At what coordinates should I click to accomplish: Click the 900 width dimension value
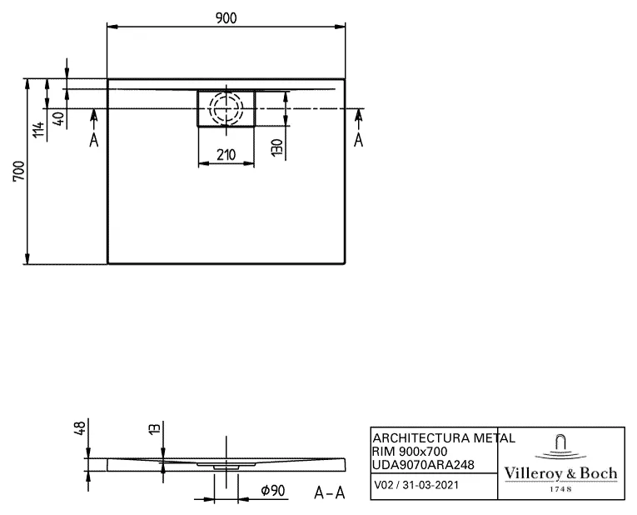(x=226, y=18)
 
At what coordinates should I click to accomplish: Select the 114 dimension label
(x=37, y=130)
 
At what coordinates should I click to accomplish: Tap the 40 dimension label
(x=57, y=117)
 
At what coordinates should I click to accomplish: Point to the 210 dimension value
(x=226, y=154)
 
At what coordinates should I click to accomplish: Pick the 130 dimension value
(x=277, y=148)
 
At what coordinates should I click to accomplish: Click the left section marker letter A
(x=94, y=140)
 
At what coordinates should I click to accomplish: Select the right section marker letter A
(x=359, y=140)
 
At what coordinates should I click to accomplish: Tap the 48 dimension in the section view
(x=80, y=428)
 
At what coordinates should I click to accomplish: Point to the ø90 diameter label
(x=273, y=492)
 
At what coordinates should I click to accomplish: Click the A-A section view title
(x=329, y=492)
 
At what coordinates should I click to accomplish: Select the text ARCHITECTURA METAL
(x=443, y=437)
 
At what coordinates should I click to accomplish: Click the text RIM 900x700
(x=410, y=451)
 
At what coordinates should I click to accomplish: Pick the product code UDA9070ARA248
(x=423, y=464)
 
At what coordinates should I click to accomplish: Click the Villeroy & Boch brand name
(x=560, y=473)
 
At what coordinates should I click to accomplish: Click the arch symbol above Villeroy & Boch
(x=560, y=445)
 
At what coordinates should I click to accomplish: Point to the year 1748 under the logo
(x=560, y=489)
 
